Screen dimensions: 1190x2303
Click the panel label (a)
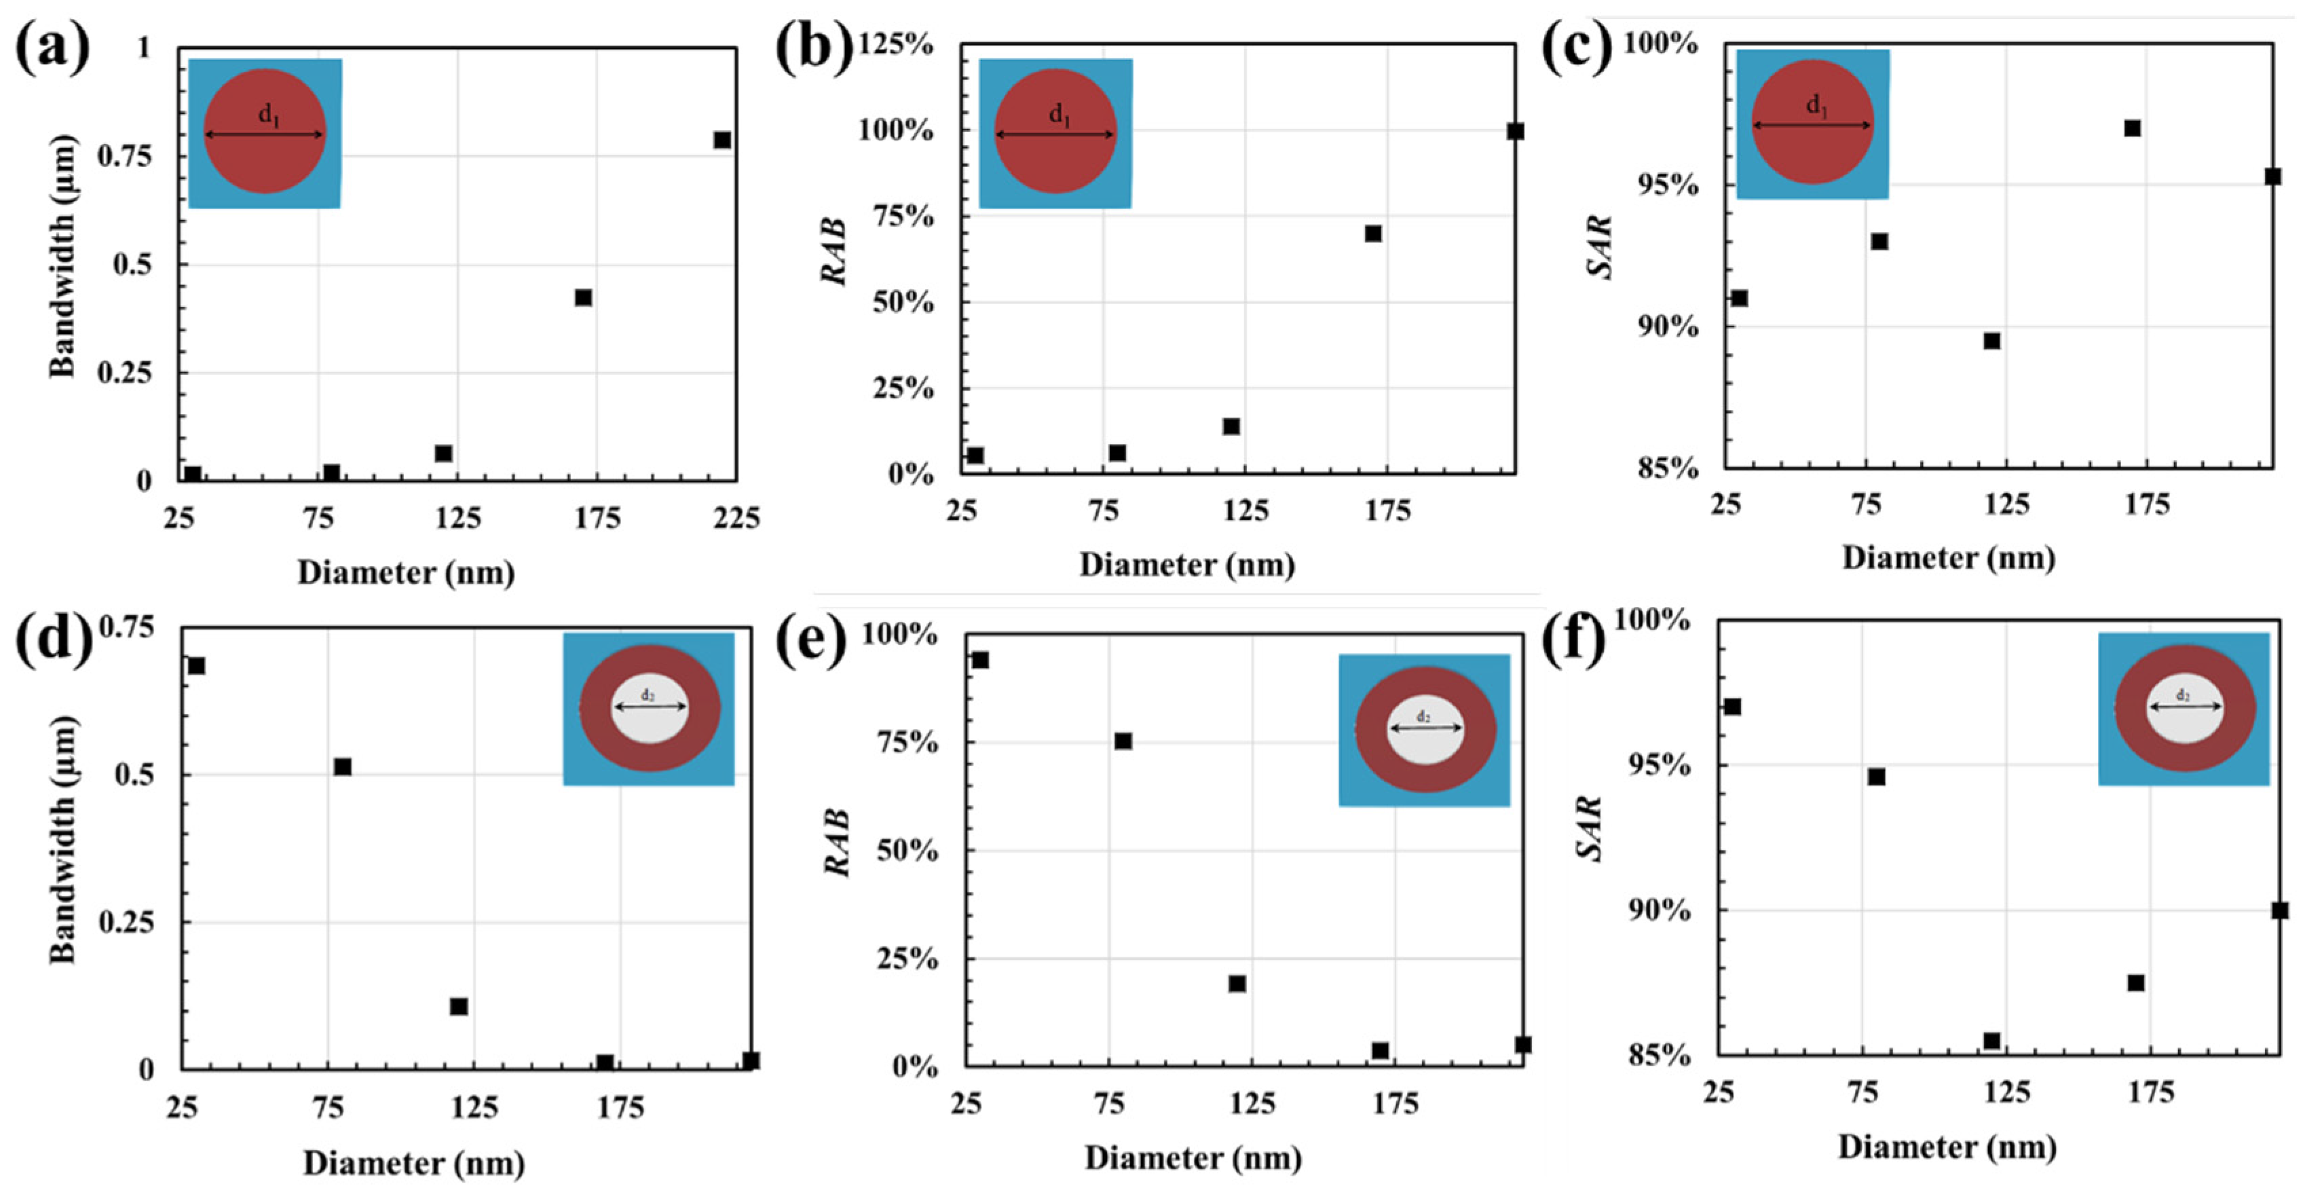tap(52, 46)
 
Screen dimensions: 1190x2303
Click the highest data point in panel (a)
tap(722, 141)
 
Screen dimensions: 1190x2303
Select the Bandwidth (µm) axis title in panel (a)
tap(62, 257)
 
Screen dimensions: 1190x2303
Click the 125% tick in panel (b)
tap(896, 44)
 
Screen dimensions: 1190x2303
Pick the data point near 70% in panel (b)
tap(1373, 234)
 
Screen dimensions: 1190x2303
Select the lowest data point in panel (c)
tap(1992, 341)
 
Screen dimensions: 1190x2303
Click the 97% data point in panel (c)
tap(2132, 128)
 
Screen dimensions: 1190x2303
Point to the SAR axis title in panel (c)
tap(1602, 247)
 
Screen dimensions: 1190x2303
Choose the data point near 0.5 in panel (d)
tap(342, 766)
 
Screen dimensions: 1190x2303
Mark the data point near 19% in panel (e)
tap(1237, 984)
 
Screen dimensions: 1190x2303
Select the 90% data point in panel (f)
tap(2280, 910)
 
